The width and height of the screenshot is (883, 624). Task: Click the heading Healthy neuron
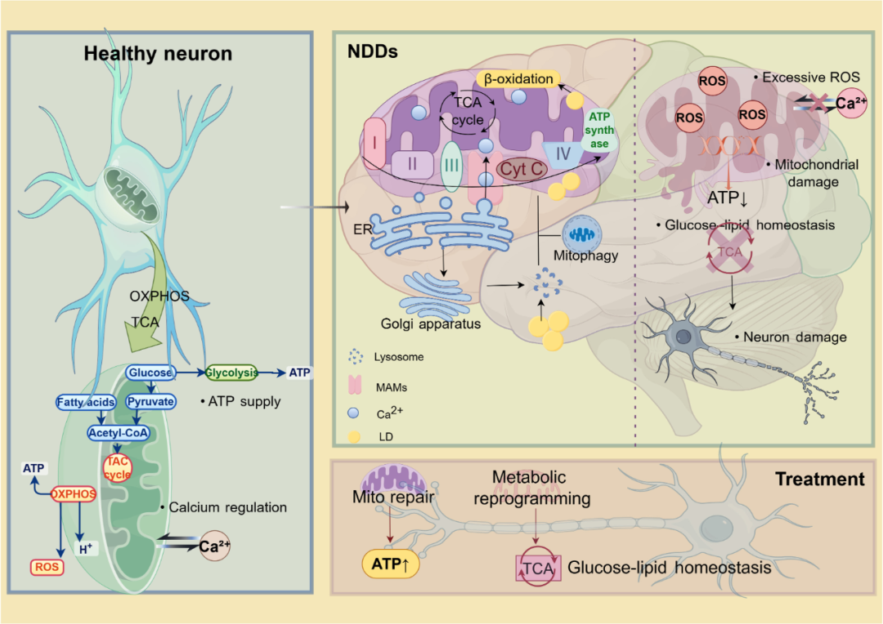[158, 55]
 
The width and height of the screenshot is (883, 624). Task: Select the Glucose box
[150, 372]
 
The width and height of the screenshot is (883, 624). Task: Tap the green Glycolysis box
[231, 372]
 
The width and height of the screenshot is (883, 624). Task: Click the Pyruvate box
[150, 402]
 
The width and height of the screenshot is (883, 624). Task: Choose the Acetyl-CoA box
[119, 434]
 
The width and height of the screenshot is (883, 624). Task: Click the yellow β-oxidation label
[518, 79]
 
